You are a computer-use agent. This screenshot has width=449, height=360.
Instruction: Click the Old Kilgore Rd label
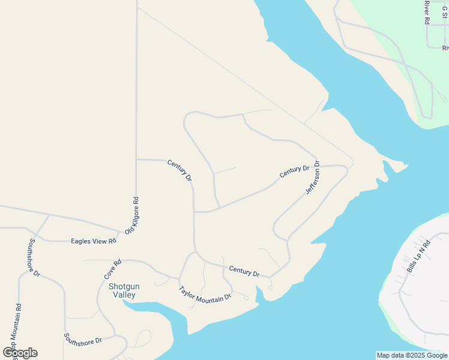point(132,215)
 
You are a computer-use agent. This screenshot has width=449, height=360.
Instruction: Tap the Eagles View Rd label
point(93,241)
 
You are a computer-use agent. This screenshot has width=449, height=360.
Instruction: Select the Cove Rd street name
point(113,269)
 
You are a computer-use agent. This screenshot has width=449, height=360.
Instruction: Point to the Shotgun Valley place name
point(124,291)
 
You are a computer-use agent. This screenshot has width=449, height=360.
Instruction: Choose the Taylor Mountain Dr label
point(205,294)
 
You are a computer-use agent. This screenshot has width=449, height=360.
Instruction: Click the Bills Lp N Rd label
point(419,257)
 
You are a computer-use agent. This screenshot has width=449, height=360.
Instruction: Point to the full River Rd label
point(427,12)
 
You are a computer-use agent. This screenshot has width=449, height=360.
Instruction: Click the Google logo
point(20,353)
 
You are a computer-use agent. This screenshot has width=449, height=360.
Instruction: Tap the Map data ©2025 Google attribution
point(412,355)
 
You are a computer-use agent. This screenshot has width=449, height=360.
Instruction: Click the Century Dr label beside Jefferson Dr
point(294,172)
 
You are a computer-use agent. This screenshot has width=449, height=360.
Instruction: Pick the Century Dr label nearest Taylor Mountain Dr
point(244,271)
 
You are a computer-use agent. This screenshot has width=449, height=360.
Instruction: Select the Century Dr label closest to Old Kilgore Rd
point(179,170)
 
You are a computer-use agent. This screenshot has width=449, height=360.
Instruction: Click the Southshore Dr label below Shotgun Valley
point(83,338)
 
